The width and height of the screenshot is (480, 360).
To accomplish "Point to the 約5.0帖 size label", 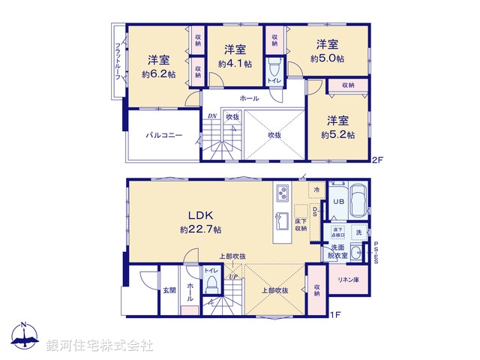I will tap(329, 58).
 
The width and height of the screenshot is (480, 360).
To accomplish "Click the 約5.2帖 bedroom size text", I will tap(337, 135).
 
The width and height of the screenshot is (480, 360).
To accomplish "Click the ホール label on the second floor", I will tap(250, 99).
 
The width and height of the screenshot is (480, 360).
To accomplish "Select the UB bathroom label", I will tap(338, 202).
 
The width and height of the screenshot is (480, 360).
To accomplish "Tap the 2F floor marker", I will tap(378, 160).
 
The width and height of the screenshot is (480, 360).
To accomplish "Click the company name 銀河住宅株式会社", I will tap(99, 346).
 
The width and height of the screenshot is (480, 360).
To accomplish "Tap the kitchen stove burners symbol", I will tap(283, 192).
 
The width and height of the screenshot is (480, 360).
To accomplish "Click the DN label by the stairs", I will tap(212, 116).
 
